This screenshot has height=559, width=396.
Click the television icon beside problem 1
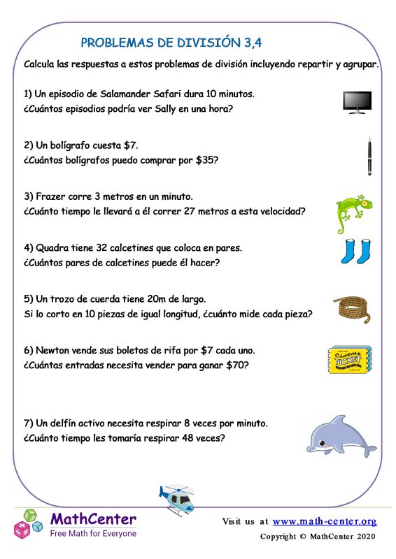[357, 102]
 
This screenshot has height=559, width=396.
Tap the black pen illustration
[369, 156]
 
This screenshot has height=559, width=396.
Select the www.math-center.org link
[324, 521]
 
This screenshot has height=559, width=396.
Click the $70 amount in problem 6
[236, 365]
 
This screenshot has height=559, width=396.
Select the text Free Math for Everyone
[93, 533]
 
